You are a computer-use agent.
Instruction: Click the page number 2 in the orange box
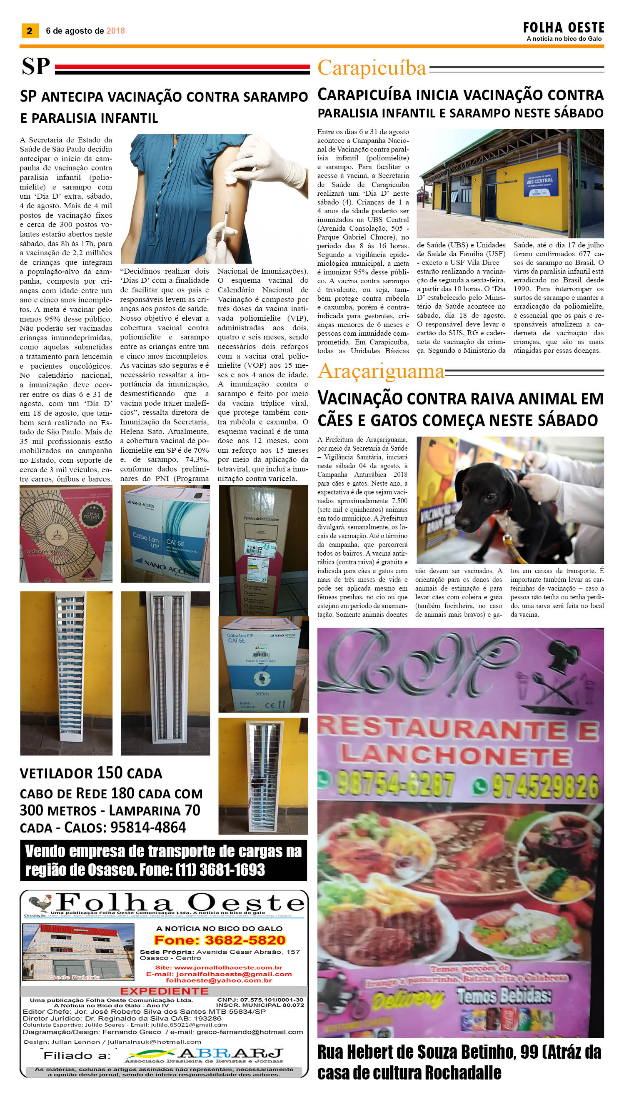coord(30,30)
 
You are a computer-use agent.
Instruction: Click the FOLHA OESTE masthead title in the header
coord(563,28)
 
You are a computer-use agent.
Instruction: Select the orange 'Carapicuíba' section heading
coord(372,68)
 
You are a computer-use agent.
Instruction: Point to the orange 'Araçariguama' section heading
coord(381,371)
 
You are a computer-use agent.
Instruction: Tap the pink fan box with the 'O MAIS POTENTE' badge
coord(66,534)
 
